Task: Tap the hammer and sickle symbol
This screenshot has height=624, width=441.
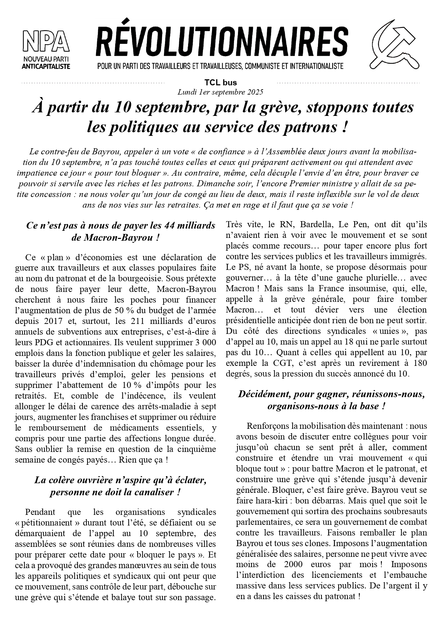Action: (395, 44)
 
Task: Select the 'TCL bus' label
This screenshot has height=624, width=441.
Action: (220, 83)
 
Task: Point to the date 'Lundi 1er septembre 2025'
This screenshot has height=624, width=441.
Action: (220, 92)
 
